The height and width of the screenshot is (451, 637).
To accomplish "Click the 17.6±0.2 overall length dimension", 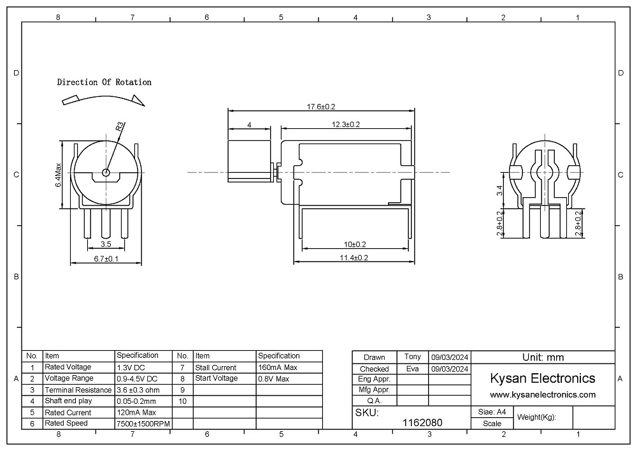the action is click(x=321, y=107).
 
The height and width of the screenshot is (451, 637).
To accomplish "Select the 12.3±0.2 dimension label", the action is click(x=346, y=124).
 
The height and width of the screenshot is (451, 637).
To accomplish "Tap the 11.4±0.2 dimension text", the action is click(x=354, y=258).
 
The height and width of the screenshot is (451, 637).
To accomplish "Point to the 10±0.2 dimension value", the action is click(x=355, y=244).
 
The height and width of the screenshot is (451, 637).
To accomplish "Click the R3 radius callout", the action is click(x=120, y=127).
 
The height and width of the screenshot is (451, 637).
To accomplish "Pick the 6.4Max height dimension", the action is click(x=59, y=175).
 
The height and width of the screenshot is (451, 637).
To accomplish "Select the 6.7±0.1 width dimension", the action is click(x=106, y=258).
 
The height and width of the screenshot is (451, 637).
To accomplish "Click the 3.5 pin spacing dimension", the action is click(x=106, y=244).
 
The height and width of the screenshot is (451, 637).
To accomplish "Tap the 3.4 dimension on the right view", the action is click(x=499, y=190).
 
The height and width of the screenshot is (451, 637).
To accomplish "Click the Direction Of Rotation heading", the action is click(x=104, y=82).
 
